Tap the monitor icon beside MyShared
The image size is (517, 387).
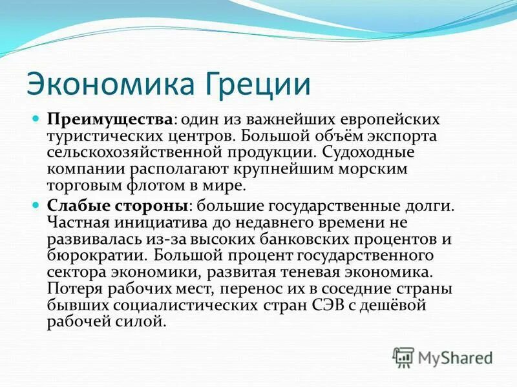coord(403,356)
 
